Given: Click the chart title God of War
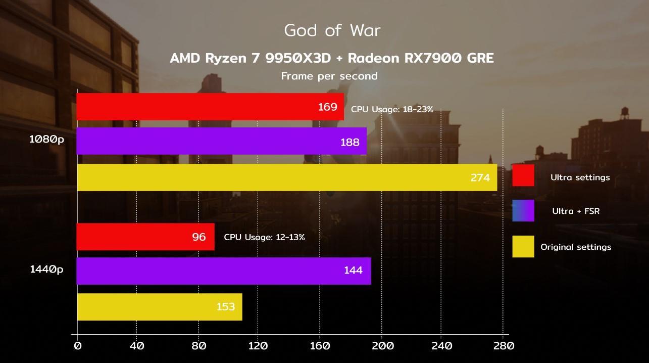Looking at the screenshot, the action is click(332, 30).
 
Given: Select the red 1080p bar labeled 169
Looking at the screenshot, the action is click(210, 107).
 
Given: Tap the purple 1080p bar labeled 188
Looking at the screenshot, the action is click(221, 141).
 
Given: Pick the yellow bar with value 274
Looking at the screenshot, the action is click(287, 177).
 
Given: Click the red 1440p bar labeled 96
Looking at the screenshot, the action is click(145, 237).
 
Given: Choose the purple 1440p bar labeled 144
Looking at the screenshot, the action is click(224, 271).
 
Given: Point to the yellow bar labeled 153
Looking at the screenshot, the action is click(160, 307).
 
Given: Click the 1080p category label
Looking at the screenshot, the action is click(46, 140).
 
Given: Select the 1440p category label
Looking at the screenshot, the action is click(46, 269).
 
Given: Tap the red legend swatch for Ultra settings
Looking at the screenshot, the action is click(523, 175).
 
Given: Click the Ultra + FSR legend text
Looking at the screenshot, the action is click(576, 211).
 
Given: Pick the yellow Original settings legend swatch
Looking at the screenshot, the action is click(523, 246).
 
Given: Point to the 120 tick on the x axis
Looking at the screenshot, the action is click(258, 346).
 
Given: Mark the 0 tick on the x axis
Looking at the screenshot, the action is click(78, 346).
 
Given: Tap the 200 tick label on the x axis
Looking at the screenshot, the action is click(383, 346).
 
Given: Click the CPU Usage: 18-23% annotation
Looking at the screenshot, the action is click(392, 109).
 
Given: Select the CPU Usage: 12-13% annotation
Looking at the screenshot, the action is click(264, 237).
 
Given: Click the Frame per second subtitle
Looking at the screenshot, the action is click(329, 76).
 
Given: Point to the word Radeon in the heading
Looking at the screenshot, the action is click(373, 58).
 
